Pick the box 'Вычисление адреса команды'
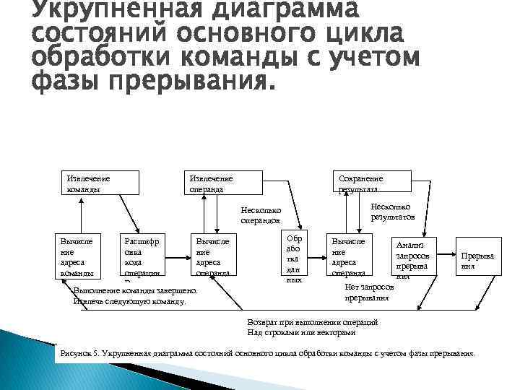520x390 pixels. [x=76, y=256]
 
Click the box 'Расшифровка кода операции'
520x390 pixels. [x=142, y=256]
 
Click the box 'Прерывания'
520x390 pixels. [x=477, y=259]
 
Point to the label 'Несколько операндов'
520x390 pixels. [x=261, y=215]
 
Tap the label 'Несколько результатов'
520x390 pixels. [x=392, y=210]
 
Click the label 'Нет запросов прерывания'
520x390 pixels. [x=369, y=292]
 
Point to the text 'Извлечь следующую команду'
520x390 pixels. [x=130, y=301]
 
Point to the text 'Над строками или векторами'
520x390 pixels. [x=301, y=332]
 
